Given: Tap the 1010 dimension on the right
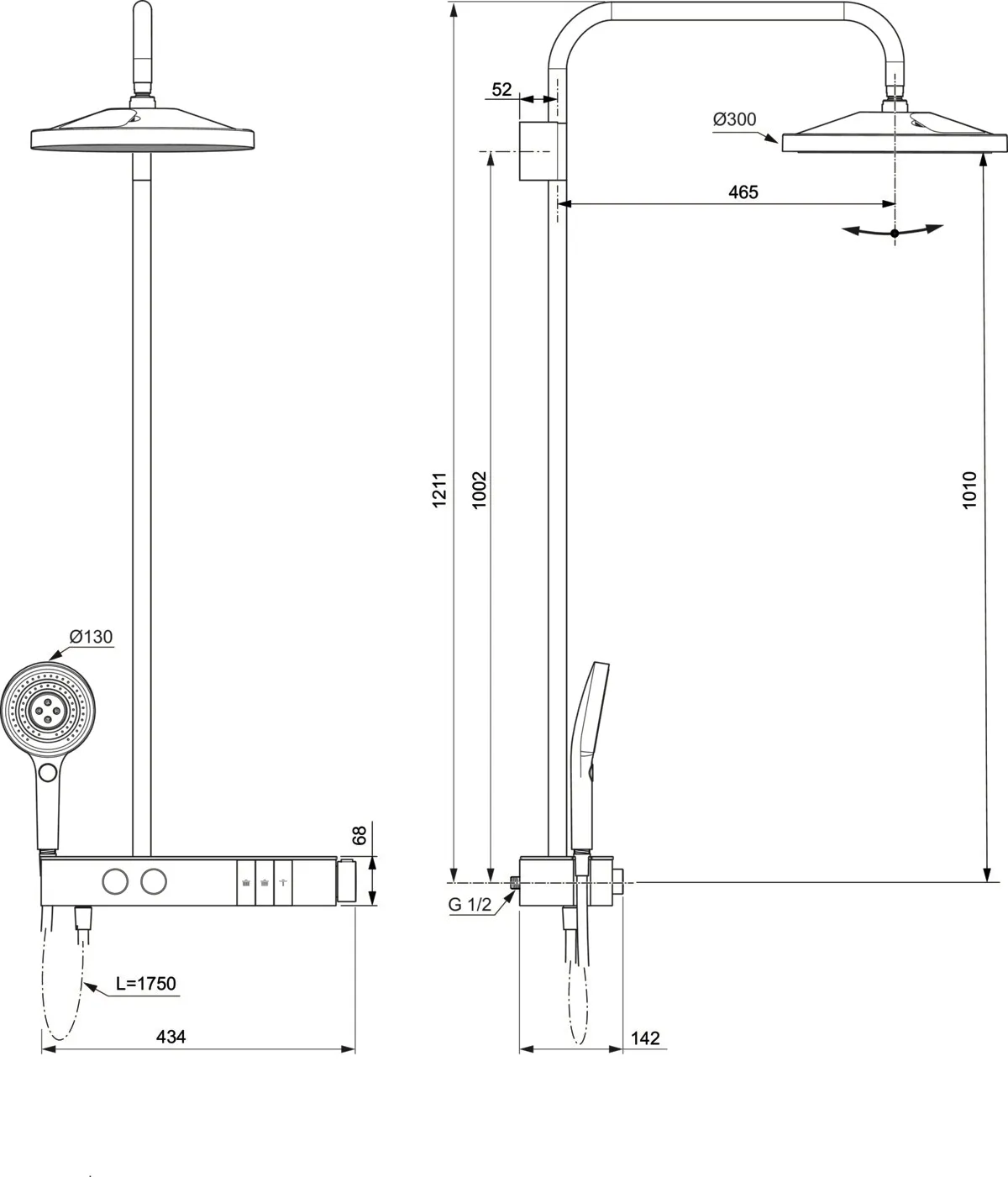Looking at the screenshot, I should click(970, 489).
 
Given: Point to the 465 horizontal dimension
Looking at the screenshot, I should click(743, 192).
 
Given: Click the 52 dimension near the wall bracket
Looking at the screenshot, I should click(501, 89).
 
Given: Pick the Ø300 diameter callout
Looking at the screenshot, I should click(734, 119).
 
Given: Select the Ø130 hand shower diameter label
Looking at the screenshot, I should click(91, 637).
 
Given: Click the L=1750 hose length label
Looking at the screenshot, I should click(146, 984).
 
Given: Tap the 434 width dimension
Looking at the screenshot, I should click(171, 1037).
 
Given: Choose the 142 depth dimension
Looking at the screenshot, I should click(644, 1038).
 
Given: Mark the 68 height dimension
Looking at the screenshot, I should click(360, 836).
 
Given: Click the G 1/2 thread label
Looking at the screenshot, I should click(470, 905).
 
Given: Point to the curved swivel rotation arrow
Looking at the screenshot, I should click(895, 231).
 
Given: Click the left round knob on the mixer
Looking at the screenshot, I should click(114, 882).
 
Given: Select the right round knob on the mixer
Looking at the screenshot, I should click(153, 882).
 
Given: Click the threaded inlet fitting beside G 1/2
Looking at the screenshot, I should click(514, 881).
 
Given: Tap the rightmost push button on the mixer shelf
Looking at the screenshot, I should click(284, 883).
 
